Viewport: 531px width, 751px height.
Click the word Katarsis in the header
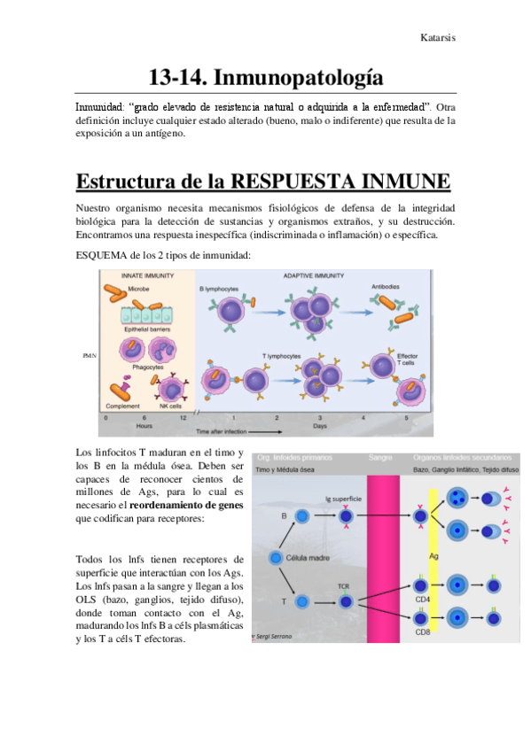pos(439,38)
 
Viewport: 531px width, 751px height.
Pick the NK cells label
pos(170,406)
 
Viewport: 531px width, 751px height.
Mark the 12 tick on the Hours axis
pos(183,417)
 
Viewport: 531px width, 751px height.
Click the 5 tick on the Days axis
pos(407,417)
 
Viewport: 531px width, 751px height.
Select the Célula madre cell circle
pos(277,558)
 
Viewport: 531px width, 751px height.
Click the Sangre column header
pos(381,458)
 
